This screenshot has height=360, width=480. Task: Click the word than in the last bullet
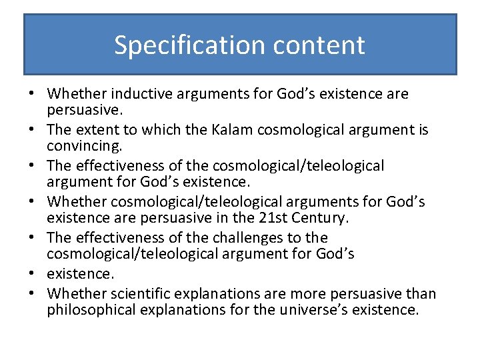click(423, 293)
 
